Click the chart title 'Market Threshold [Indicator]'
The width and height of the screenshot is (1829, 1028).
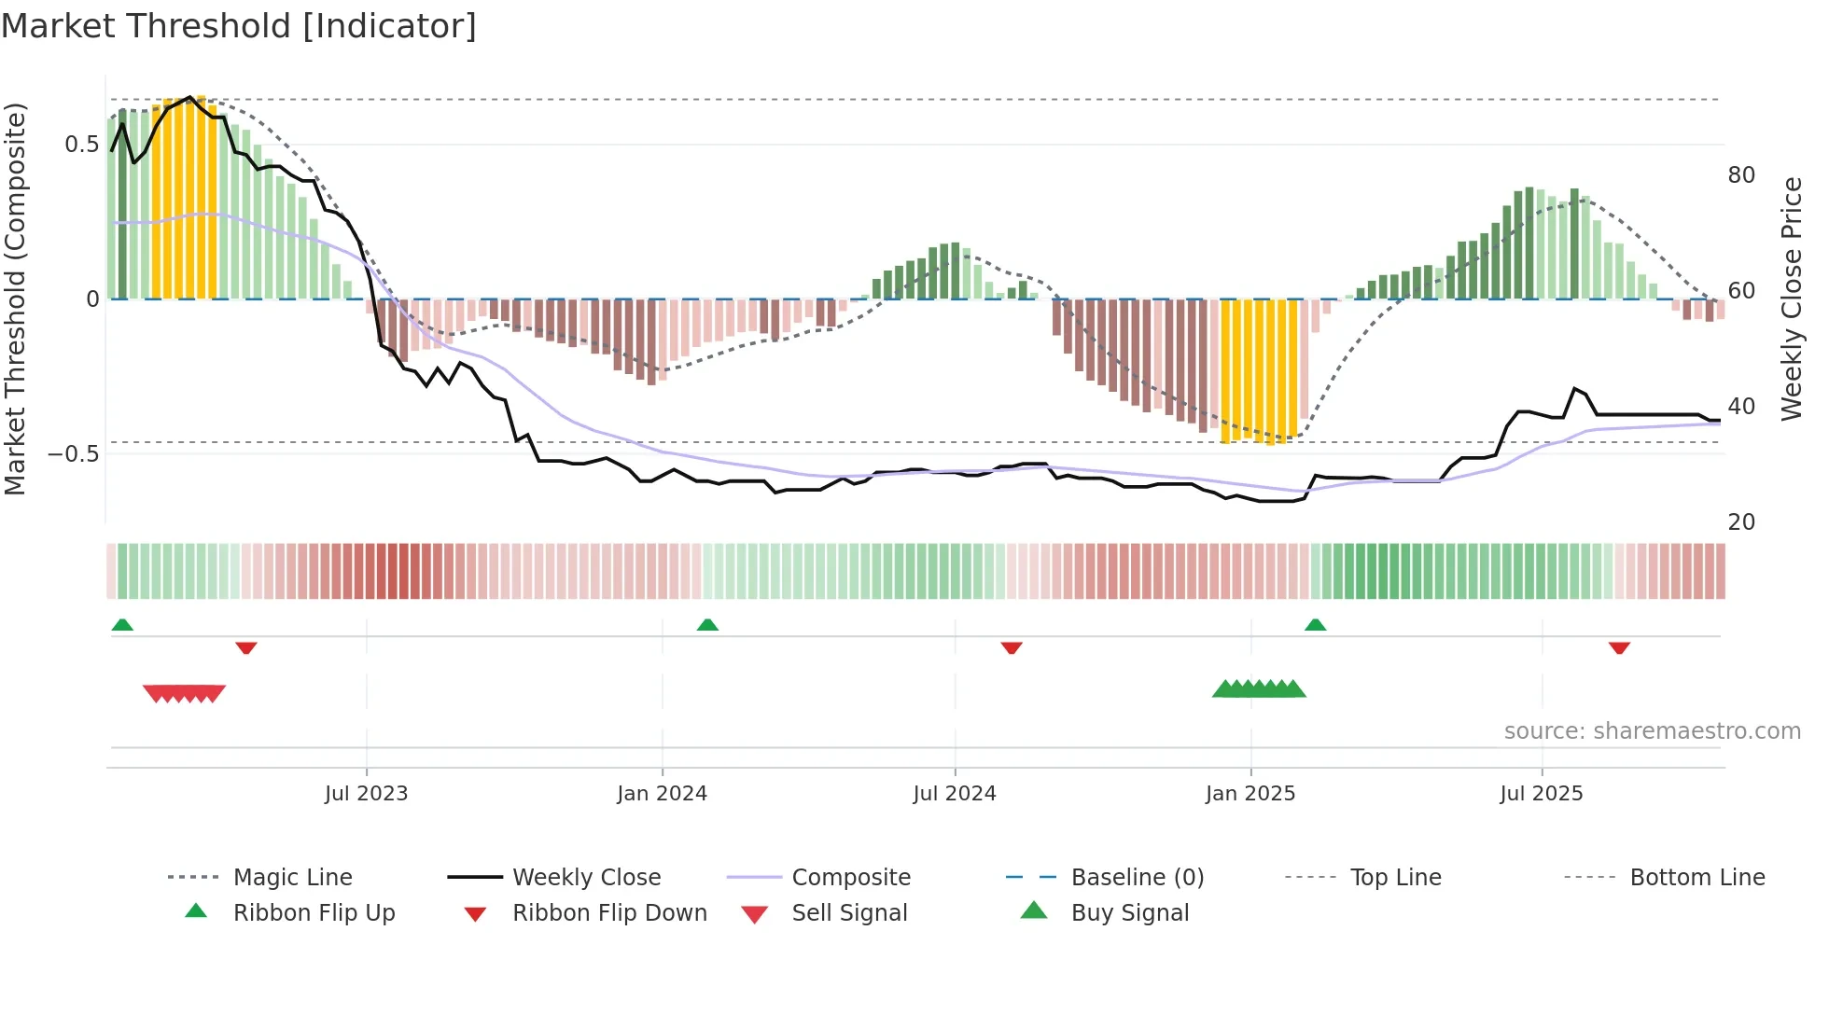[x=239, y=26]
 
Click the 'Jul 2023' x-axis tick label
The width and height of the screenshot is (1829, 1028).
[x=366, y=794]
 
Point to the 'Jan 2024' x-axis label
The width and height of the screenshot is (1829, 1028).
[x=662, y=794]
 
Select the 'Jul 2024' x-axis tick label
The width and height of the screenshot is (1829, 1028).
[x=954, y=794]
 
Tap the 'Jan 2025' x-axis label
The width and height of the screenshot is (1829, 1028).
[x=1250, y=794]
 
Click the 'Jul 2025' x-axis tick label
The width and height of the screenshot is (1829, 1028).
[x=1541, y=794]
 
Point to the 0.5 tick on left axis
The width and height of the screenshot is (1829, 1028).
[x=81, y=145]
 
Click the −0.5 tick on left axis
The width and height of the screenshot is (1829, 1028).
[x=74, y=454]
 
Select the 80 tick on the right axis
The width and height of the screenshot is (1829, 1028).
[x=1741, y=175]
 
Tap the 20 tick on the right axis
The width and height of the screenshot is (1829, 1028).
[x=1741, y=522]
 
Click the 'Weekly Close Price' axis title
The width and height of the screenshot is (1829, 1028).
[x=1791, y=299]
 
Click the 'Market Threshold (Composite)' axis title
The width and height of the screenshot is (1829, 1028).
[x=15, y=299]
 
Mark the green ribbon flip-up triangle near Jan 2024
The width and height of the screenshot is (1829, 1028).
[x=707, y=625]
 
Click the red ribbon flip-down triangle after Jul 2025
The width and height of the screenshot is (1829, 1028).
[x=1619, y=647]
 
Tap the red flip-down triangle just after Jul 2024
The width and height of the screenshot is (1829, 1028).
[x=1012, y=647]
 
